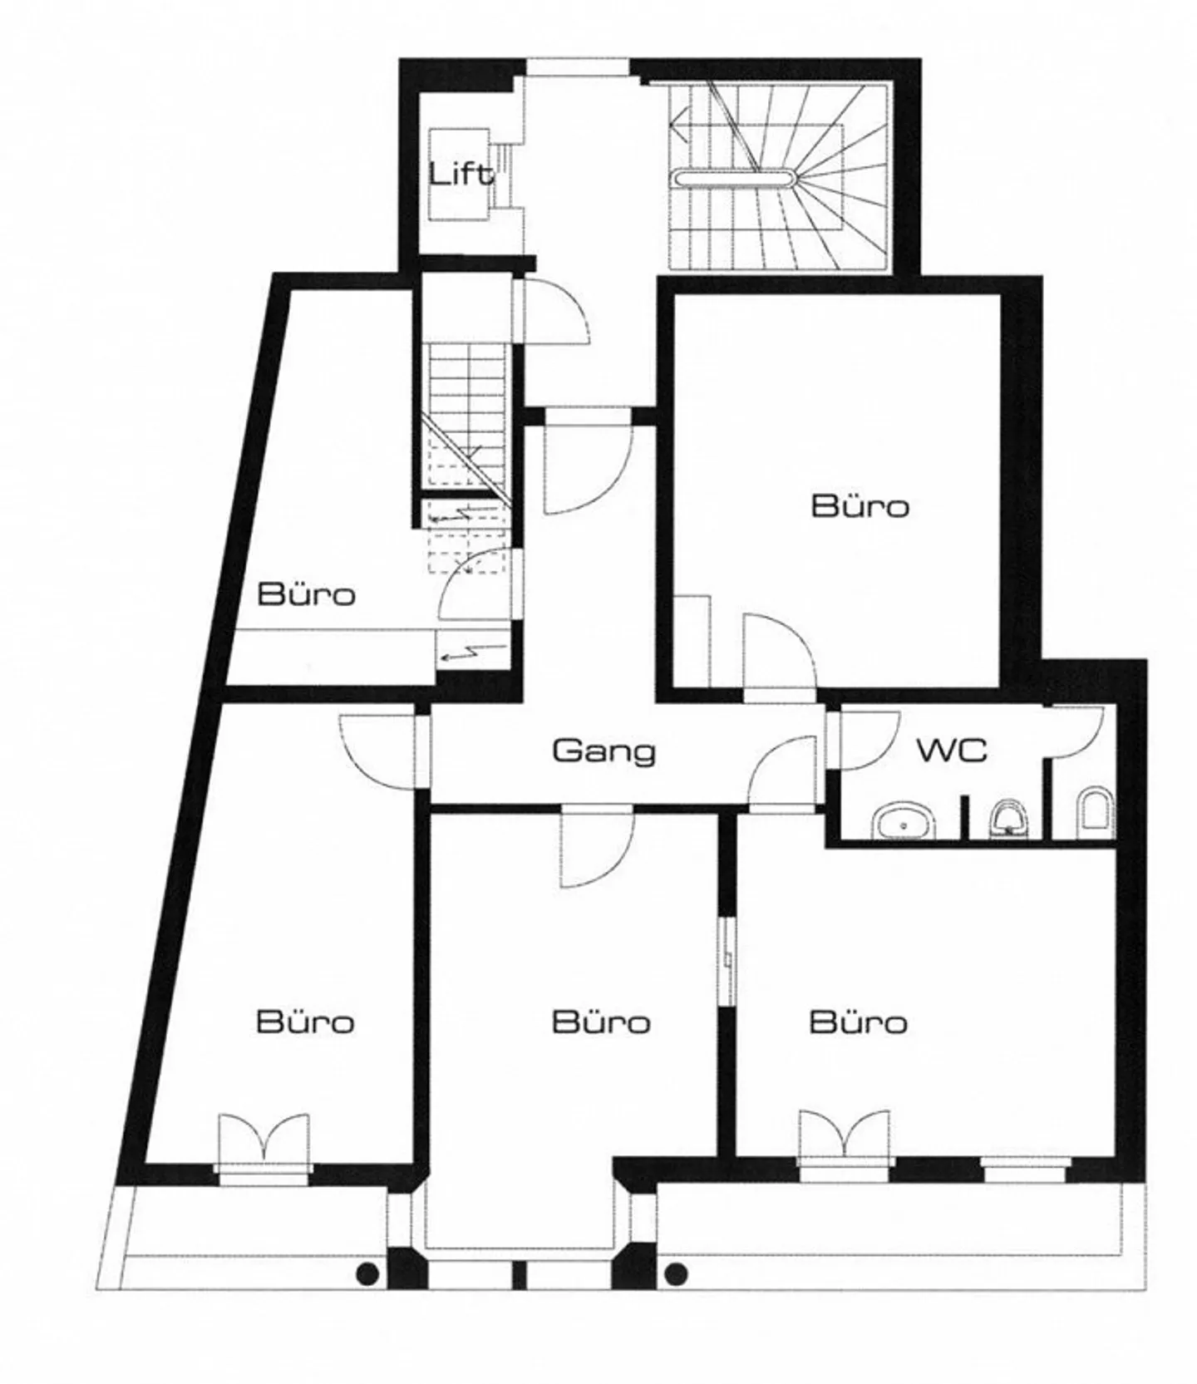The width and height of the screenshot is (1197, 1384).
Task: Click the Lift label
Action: pos(461,175)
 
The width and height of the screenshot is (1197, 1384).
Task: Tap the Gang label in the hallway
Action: pos(603,751)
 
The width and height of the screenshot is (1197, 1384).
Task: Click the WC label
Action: pos(952,750)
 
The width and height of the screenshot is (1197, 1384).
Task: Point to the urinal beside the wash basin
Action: pos(1008,819)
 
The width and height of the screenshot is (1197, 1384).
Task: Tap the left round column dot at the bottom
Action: pos(367,1273)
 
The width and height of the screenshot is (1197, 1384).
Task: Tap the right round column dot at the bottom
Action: pos(677,1273)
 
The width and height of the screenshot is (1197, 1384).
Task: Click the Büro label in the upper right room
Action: pos(860,506)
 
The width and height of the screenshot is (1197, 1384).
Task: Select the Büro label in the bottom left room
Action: pos(305,1022)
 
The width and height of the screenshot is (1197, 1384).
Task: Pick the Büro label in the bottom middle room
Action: pos(600,1022)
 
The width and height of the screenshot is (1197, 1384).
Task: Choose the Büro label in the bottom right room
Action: pos(858,1022)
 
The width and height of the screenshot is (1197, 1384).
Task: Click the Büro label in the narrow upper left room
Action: pos(306,595)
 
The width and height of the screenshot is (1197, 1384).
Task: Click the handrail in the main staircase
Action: pos(735,177)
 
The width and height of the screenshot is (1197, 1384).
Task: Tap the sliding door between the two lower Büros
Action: pos(727,960)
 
